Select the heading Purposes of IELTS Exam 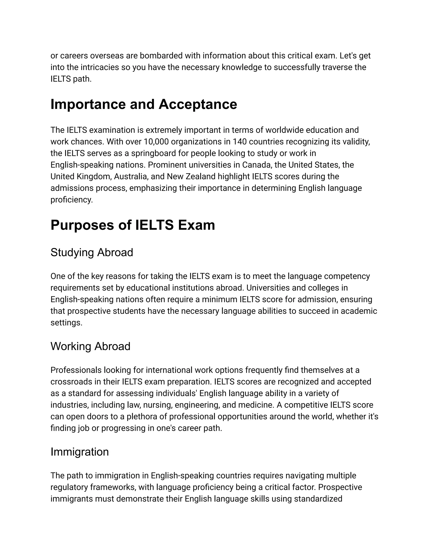coord(133,225)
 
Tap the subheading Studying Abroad coord(92,252)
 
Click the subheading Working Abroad coord(90,346)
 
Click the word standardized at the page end coord(318,499)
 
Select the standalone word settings coord(66,323)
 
